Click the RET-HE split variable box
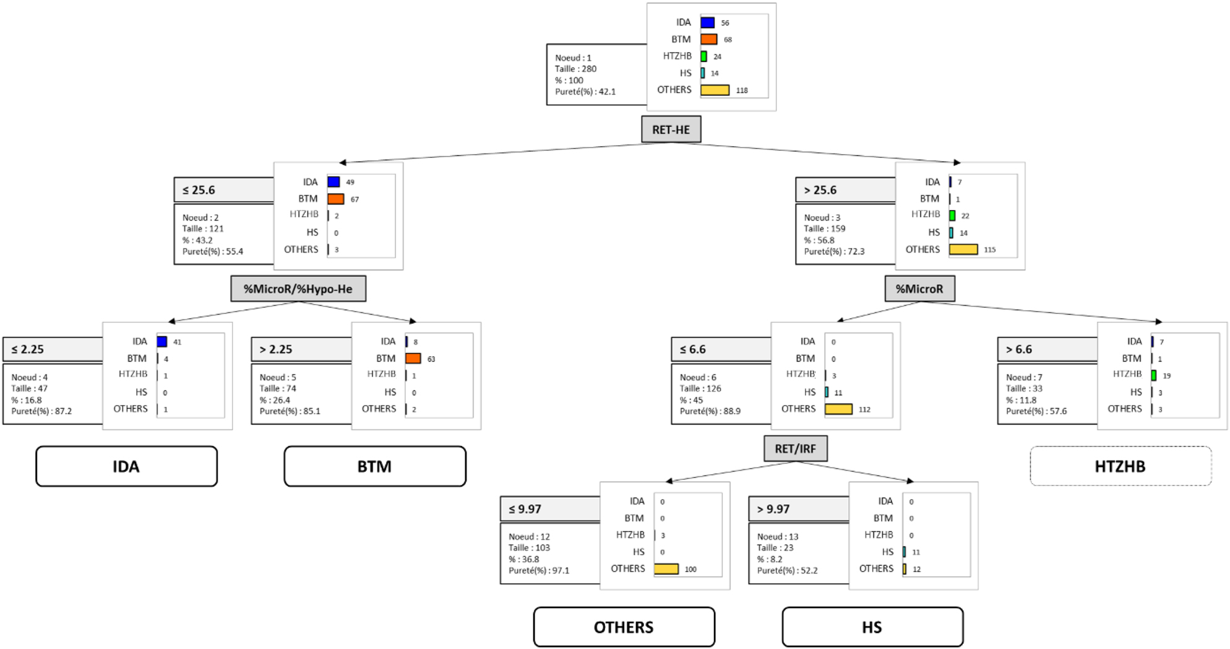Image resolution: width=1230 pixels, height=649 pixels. pos(671,129)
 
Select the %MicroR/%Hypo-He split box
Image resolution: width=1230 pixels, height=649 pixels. pos(298,289)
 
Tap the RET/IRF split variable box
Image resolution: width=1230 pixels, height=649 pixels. pos(795,448)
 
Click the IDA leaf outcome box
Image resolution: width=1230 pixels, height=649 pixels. pos(126,466)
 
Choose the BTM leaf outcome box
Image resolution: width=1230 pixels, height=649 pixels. pos(374,466)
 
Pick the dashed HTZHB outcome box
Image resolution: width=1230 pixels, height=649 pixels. pos(1120,466)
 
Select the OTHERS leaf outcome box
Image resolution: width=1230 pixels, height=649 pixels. pos(624,627)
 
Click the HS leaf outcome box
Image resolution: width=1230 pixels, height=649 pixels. pos(872,627)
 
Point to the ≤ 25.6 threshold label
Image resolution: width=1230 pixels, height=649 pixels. pos(199,190)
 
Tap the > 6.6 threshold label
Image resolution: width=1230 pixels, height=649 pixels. pos(1019,349)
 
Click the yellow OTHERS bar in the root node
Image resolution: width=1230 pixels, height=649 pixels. pos(715,90)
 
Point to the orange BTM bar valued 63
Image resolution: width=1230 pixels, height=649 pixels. pos(413,359)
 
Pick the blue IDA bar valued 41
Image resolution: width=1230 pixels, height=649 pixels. pos(162,342)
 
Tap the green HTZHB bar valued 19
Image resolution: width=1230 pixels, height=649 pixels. pos(1154,375)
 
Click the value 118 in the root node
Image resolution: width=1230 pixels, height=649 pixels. pos(742,90)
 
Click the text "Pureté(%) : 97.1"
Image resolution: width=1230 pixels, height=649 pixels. pos(539,570)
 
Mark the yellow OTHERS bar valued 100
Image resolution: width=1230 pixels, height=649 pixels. pos(666,569)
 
